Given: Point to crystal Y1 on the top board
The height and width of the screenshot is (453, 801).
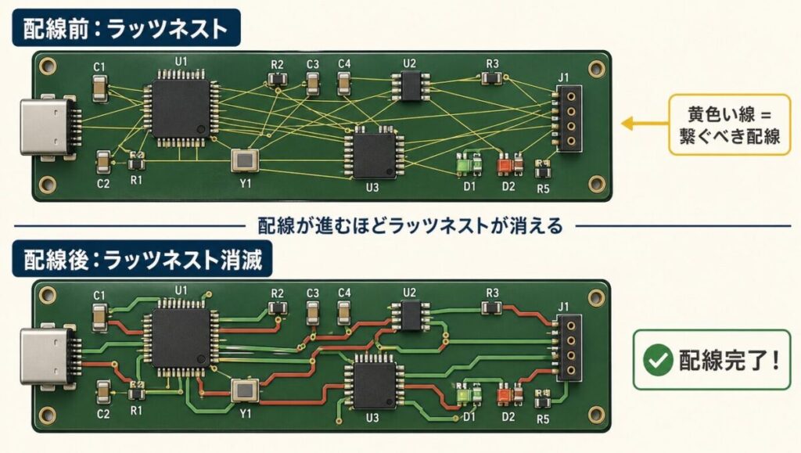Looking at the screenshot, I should pyautogui.click(x=245, y=160).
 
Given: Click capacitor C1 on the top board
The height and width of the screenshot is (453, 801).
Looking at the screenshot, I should pyautogui.click(x=99, y=90).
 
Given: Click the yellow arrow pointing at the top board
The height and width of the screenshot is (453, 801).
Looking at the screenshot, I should pyautogui.click(x=640, y=123).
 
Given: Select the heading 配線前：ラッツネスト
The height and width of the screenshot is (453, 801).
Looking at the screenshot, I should pyautogui.click(x=126, y=30).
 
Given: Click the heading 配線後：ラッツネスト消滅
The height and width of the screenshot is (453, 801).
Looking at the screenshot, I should pyautogui.click(x=142, y=258).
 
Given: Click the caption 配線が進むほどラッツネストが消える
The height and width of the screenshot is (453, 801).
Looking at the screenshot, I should pyautogui.click(x=410, y=226).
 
